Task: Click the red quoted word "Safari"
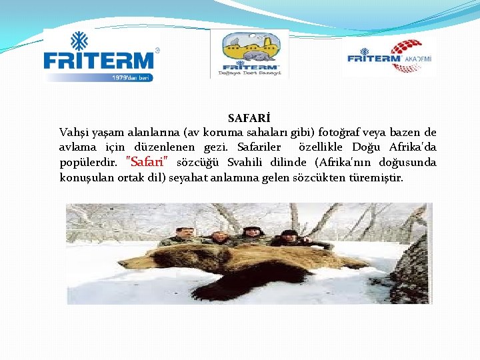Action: coord(151,162)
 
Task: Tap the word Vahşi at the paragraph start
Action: coord(74,132)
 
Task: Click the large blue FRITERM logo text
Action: coord(98,61)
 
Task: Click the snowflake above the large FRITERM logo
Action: coord(79,41)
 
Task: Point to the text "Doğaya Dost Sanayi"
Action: coord(250,73)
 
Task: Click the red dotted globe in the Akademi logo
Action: coord(405,51)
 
